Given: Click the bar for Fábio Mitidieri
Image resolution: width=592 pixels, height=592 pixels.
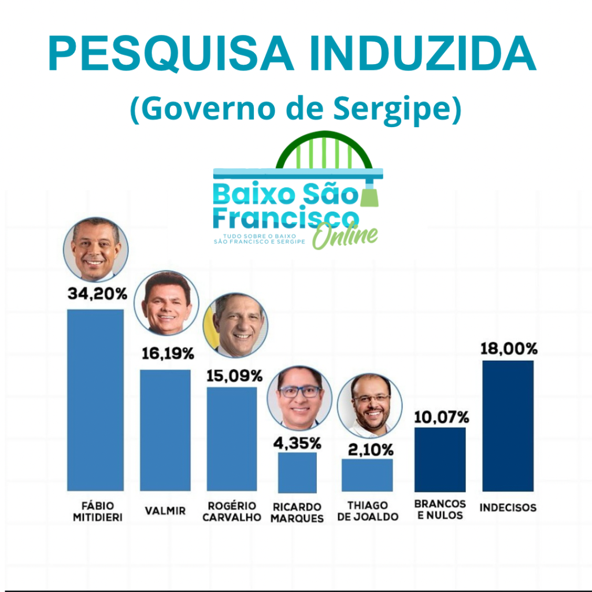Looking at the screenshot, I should click(95, 399).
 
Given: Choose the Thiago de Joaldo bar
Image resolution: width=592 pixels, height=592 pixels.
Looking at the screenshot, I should click(367, 475).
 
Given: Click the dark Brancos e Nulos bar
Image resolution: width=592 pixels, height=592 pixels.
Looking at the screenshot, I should click(440, 459).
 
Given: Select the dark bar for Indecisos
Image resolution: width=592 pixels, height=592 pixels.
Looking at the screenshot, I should click(508, 425).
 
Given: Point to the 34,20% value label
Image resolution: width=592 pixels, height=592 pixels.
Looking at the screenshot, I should click(97, 294).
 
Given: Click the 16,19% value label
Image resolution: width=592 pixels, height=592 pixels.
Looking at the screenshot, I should click(168, 354).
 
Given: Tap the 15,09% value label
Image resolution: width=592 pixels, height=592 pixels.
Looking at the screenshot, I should click(235, 376).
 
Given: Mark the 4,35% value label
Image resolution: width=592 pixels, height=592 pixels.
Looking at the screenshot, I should click(297, 443).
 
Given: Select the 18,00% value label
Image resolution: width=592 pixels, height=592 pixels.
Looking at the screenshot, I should click(509, 349).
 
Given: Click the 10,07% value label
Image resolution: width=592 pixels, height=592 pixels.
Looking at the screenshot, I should click(441, 416).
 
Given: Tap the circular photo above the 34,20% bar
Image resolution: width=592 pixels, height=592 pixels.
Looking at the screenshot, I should click(95, 249).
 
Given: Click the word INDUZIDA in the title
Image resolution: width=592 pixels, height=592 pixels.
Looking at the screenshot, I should click(423, 54).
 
